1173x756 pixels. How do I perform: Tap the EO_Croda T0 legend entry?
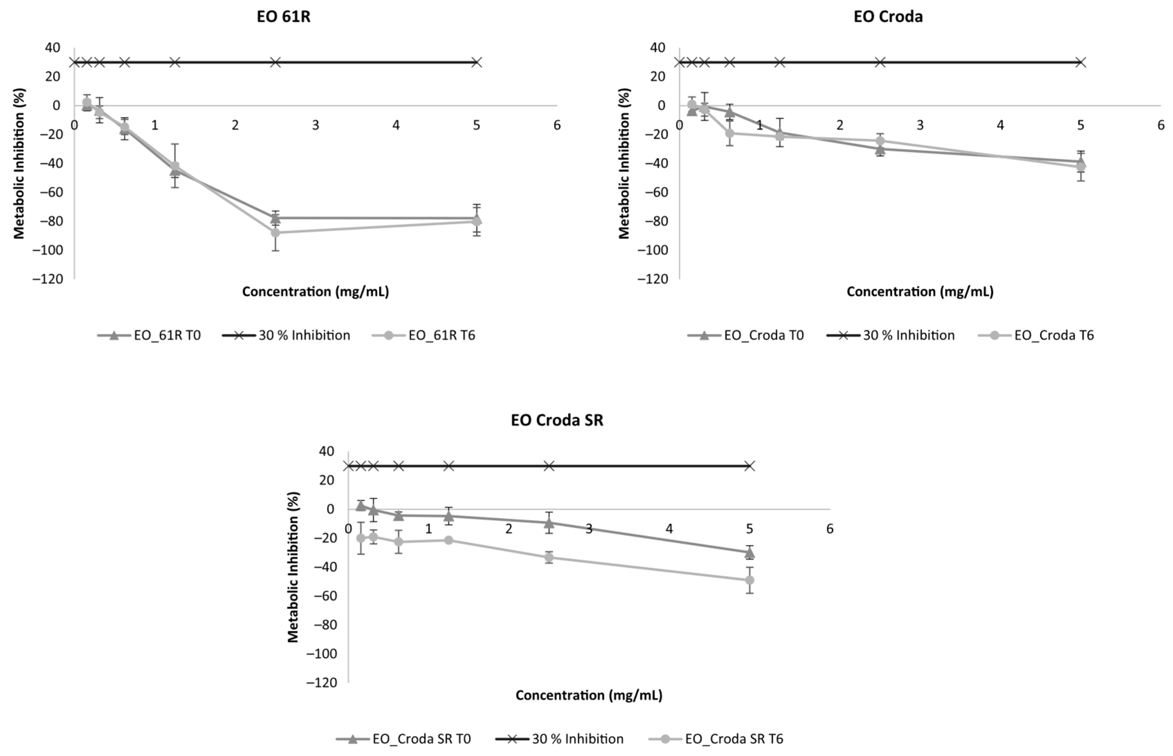763,335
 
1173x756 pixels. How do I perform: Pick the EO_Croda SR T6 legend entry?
734,739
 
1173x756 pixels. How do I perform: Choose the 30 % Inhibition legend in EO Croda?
908,335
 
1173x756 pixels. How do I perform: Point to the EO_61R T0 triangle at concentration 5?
476,218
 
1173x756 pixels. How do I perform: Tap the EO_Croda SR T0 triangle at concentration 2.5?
549,522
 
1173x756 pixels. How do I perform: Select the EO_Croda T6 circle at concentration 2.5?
880,141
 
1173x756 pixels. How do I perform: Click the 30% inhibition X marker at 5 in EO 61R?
476,62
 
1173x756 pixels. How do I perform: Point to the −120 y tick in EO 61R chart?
48,279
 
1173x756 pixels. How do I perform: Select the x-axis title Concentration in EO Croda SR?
589,695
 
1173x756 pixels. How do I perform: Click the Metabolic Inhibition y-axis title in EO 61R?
19,163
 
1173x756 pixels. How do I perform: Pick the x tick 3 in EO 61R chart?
315,125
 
